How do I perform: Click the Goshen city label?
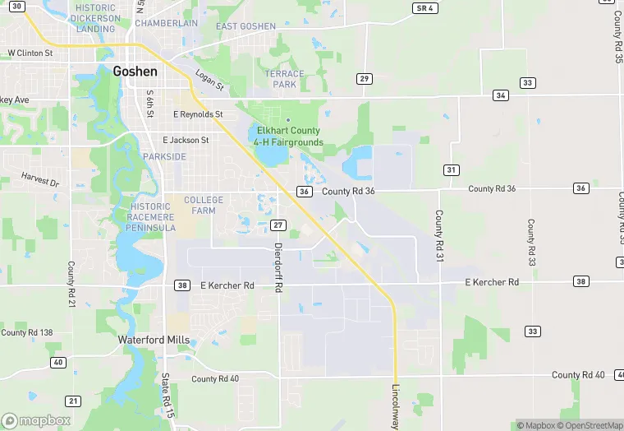tap(135, 71)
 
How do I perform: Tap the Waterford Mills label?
tap(154, 340)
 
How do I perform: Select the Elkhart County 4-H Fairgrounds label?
tap(288, 137)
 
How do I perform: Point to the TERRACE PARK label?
tap(284, 79)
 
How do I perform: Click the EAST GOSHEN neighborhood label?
tap(246, 26)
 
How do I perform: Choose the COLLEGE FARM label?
tap(204, 205)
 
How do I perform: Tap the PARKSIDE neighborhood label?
tap(164, 156)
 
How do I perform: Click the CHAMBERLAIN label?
tap(167, 24)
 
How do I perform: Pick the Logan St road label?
tap(209, 81)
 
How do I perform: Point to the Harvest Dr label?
tap(40, 178)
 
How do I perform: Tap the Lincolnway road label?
tap(396, 407)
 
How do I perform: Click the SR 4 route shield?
tap(424, 7)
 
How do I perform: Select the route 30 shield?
tap(18, 6)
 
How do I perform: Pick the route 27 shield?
tap(278, 225)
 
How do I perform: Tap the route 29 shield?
tap(364, 78)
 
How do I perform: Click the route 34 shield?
tap(500, 95)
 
